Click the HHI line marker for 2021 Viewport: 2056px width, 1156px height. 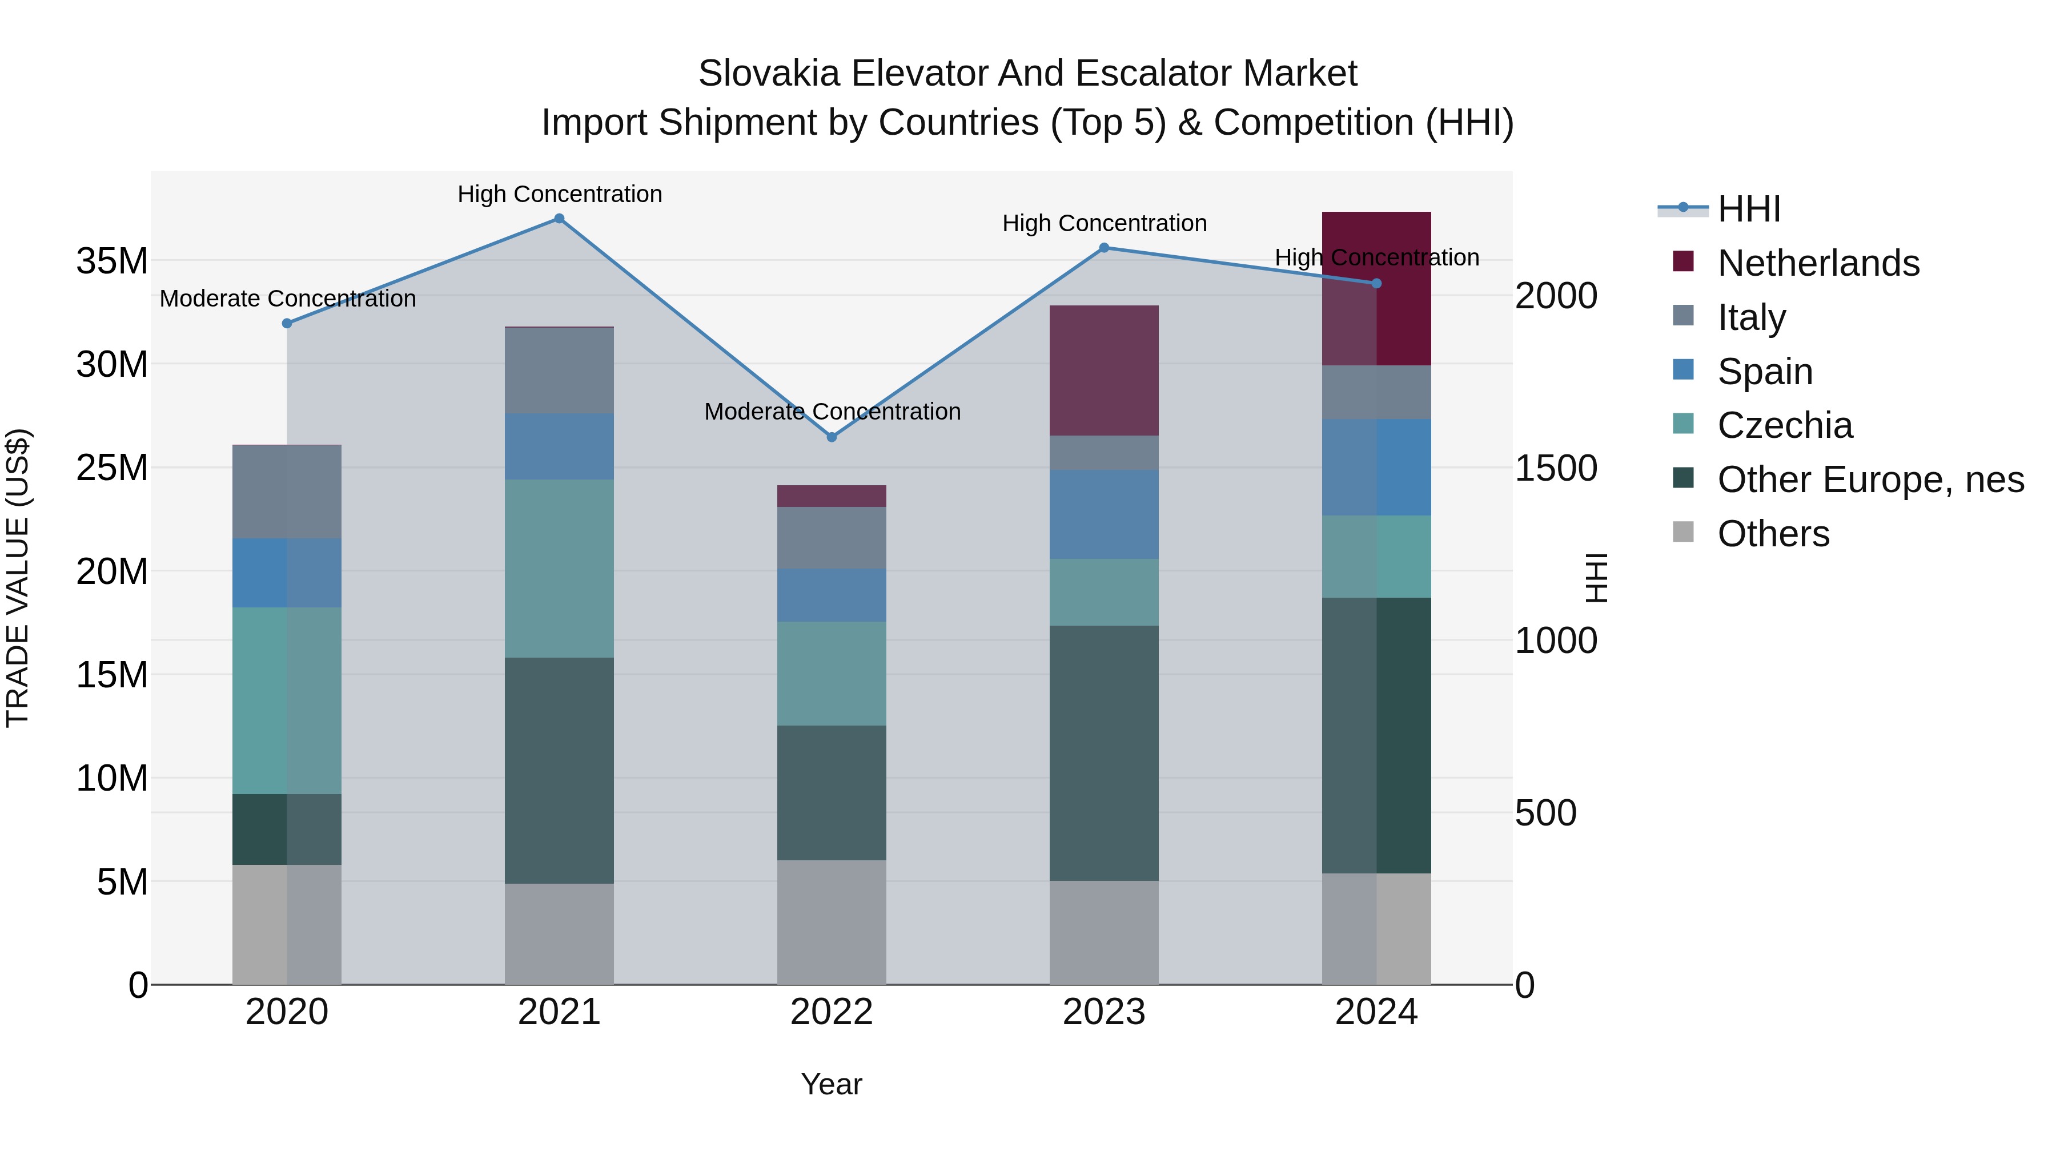point(560,219)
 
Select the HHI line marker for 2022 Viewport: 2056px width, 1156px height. point(832,437)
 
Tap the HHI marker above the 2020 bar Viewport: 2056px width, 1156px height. point(287,323)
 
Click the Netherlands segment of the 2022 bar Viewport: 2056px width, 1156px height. point(832,496)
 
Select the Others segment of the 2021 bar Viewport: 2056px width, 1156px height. point(560,933)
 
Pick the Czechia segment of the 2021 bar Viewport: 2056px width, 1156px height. point(560,568)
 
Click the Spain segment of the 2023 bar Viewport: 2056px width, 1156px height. point(1104,514)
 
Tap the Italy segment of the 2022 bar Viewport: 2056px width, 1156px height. point(832,538)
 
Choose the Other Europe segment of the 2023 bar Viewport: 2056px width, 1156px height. point(1104,752)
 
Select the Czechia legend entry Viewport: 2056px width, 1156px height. point(1785,425)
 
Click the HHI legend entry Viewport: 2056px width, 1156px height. point(1748,209)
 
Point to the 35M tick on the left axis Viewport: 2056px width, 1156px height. point(112,261)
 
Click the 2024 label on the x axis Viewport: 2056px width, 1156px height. point(1376,1012)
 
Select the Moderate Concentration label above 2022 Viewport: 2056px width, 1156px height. point(832,412)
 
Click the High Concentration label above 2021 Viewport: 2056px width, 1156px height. point(560,194)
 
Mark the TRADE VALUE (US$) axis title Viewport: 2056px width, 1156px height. point(18,578)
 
